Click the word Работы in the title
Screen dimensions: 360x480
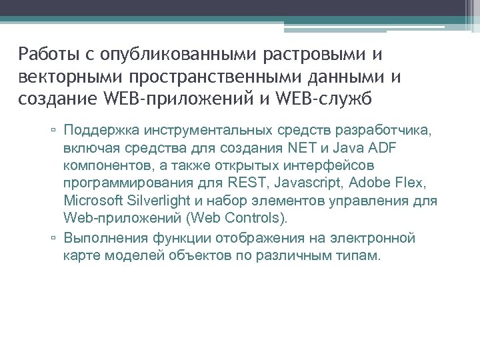[x=44, y=53]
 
